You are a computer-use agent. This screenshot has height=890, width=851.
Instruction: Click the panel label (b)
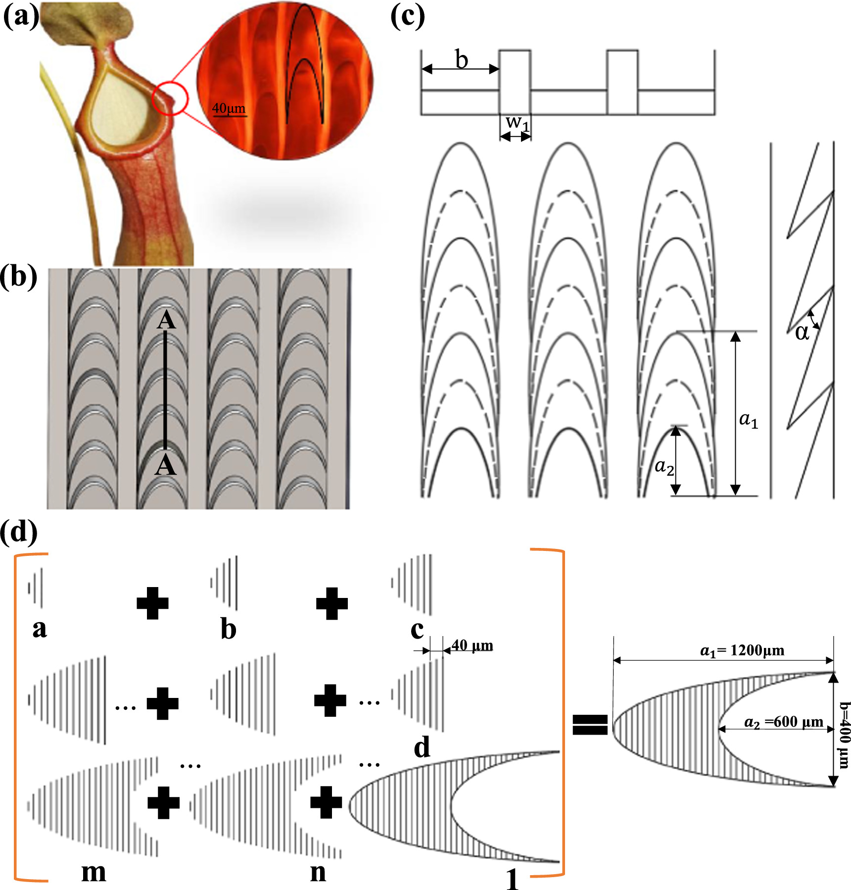click(19, 277)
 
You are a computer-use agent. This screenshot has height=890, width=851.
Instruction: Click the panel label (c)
click(407, 17)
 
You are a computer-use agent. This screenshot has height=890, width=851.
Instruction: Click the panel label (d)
click(19, 532)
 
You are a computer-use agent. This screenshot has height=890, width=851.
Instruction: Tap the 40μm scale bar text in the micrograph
click(229, 108)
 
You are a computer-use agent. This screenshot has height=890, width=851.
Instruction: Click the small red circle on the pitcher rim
click(170, 98)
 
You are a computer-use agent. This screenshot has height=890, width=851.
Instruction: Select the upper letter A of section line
click(166, 321)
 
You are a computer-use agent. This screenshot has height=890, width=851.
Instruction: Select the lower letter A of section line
click(165, 466)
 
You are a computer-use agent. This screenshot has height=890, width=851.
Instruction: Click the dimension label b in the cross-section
click(461, 60)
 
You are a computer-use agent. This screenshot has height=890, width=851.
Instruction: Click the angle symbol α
click(802, 332)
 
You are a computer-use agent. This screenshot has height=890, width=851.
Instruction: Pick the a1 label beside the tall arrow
click(748, 420)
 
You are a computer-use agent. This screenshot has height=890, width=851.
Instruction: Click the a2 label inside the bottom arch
click(664, 466)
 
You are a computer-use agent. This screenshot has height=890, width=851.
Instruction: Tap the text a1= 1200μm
click(742, 650)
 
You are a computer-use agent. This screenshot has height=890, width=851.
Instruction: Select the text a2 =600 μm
click(784, 722)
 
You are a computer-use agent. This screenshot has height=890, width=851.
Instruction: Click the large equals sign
click(590, 725)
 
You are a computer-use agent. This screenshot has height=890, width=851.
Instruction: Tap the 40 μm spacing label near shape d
click(472, 645)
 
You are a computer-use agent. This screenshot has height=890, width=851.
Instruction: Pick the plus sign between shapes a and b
click(152, 603)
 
